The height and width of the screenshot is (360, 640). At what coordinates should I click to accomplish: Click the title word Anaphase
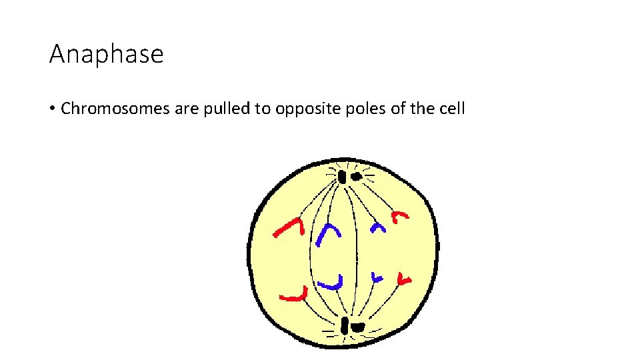point(106,54)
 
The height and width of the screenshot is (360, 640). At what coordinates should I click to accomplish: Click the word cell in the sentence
point(451,109)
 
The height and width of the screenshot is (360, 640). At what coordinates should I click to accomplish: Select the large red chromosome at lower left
point(293,295)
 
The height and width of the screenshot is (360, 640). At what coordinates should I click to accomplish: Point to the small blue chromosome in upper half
point(379,228)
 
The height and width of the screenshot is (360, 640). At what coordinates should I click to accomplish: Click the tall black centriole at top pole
point(342,177)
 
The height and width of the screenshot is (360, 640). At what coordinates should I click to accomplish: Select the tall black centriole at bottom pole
point(344,326)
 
